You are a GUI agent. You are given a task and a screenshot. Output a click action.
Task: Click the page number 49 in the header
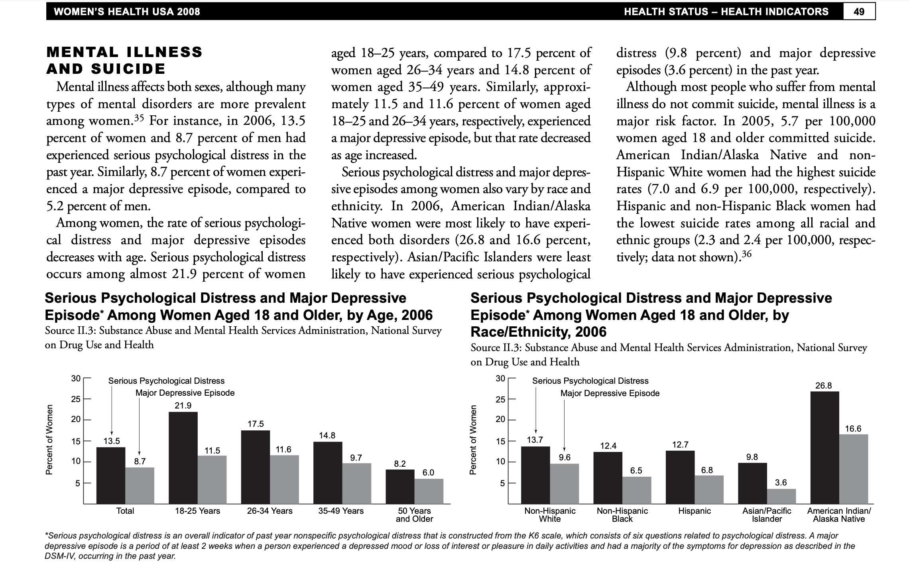859,12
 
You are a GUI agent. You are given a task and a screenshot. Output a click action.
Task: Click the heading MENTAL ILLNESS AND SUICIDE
124,60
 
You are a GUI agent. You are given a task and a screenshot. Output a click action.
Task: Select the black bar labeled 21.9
183,458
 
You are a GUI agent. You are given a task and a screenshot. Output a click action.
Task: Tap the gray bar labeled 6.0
429,491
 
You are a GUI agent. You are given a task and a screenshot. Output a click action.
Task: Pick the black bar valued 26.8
824,447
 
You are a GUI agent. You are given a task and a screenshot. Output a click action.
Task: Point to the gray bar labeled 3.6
781,496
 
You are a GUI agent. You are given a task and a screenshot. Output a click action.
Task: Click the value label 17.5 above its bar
256,424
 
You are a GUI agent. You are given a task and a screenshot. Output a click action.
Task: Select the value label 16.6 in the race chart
853,429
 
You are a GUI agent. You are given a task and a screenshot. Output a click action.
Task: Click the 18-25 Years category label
197,511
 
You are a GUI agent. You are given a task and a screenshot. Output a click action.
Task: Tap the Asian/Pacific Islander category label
767,515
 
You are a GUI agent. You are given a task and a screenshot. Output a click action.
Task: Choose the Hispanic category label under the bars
695,511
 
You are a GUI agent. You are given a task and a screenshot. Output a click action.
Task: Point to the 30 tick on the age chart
76,378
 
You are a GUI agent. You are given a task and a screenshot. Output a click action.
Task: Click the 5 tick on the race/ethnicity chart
502,483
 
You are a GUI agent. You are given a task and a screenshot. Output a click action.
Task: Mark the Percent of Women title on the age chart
49,440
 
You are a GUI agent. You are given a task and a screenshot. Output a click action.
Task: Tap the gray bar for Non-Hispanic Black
636,490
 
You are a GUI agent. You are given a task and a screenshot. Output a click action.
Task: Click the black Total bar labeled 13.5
111,475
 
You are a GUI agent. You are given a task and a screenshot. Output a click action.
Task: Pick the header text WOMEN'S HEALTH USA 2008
127,12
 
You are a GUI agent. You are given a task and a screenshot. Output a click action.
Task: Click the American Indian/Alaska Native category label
839,515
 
